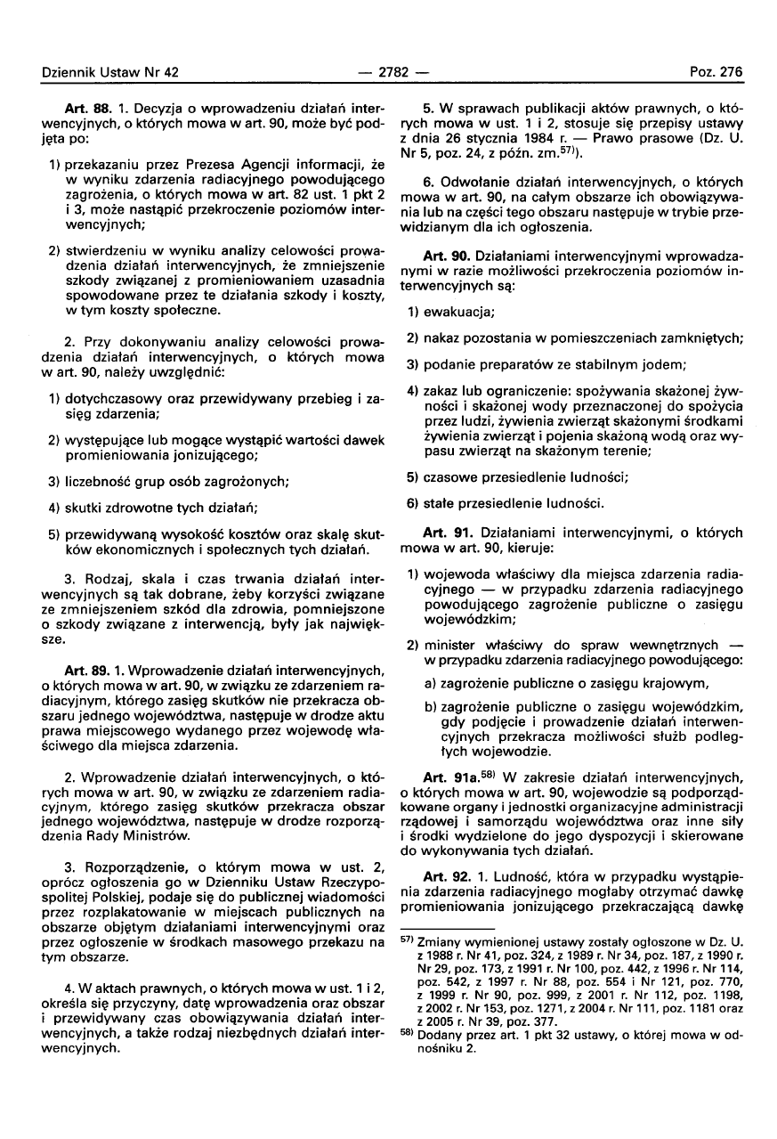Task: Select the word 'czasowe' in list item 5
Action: click(449, 476)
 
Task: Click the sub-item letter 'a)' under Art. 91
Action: click(431, 684)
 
